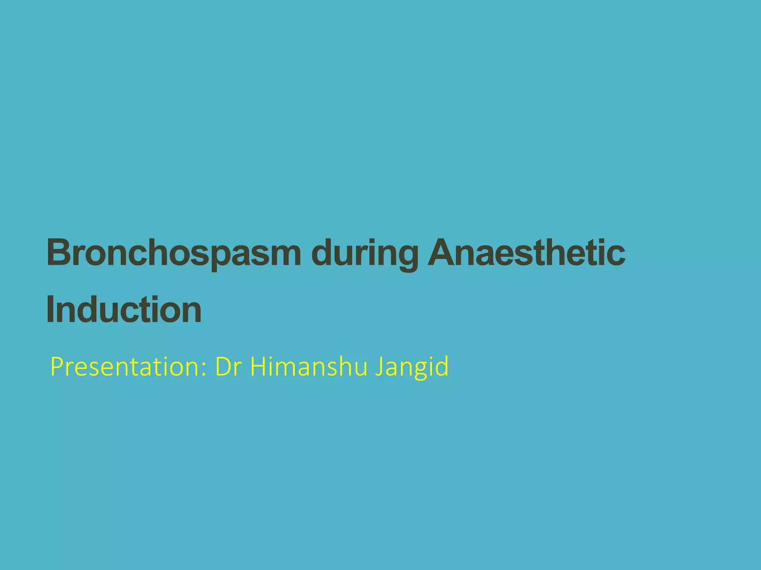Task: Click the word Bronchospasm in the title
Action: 174,253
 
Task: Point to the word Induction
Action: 124,310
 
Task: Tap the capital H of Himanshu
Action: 258,366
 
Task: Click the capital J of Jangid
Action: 379,366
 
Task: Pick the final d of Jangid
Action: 442,366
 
